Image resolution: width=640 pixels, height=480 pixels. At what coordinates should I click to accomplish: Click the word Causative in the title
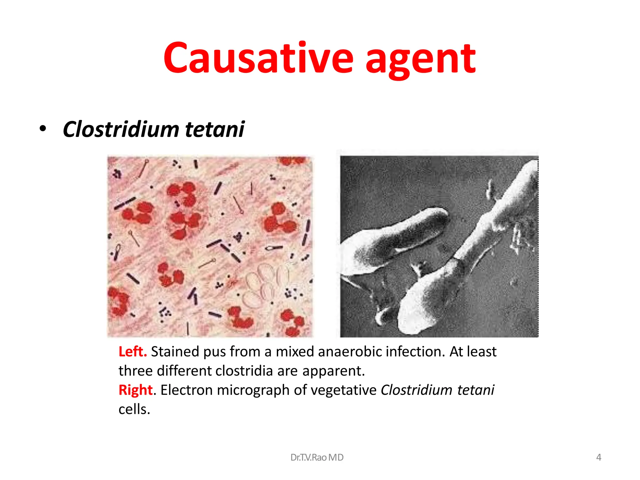pyautogui.click(x=258, y=58)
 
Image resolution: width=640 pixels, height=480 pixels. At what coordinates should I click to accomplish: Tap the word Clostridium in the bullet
pyautogui.click(x=120, y=129)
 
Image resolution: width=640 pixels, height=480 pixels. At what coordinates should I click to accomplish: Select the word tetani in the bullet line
pyautogui.click(x=215, y=129)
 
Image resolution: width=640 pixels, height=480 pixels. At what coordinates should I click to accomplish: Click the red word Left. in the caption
pyautogui.click(x=132, y=352)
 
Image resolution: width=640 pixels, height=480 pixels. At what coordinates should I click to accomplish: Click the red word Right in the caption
pyautogui.click(x=135, y=390)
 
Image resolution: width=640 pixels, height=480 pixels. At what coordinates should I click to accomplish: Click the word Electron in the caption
pyautogui.click(x=186, y=390)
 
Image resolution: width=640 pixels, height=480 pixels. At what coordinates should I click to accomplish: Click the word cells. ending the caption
pyautogui.click(x=134, y=409)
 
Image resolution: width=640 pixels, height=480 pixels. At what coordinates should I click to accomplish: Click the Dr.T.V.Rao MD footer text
pyautogui.click(x=317, y=457)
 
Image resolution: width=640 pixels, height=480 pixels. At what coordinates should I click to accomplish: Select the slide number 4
pyautogui.click(x=598, y=457)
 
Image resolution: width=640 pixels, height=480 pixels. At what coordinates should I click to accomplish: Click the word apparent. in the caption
pyautogui.click(x=333, y=371)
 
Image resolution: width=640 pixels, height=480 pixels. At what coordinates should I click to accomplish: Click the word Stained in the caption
pyautogui.click(x=175, y=352)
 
